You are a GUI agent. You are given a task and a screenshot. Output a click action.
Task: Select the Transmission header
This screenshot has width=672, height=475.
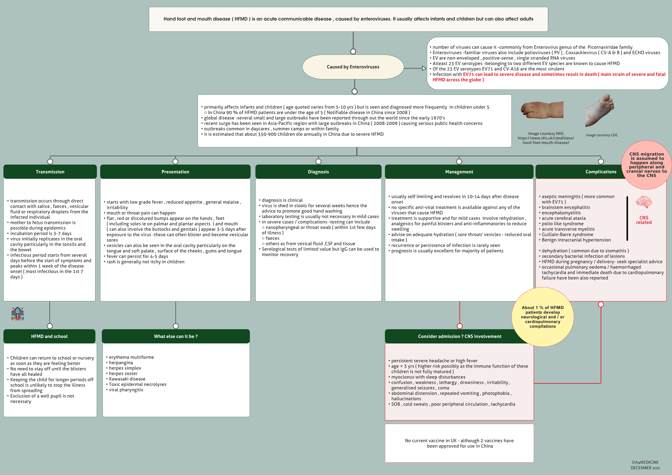tap(50, 172)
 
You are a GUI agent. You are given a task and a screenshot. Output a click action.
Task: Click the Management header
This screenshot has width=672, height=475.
tap(459, 172)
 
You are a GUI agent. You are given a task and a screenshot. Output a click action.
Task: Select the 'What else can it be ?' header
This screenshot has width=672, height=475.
tap(176, 336)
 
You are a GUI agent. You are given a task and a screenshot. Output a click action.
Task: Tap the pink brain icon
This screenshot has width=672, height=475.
tap(644, 202)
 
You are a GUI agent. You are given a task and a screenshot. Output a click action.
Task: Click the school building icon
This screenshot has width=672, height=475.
tap(17, 314)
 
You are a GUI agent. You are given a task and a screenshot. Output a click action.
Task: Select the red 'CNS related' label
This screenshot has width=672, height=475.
tap(644, 220)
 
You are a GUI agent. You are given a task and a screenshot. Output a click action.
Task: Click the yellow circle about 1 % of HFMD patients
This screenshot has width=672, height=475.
tap(542, 317)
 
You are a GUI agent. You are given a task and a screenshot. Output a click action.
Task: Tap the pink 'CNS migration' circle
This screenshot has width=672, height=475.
tap(646, 165)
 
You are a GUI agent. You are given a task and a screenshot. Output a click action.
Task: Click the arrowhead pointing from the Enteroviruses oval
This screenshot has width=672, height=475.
tap(424, 68)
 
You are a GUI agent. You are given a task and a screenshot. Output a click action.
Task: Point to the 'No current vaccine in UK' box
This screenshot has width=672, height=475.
tap(459, 443)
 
